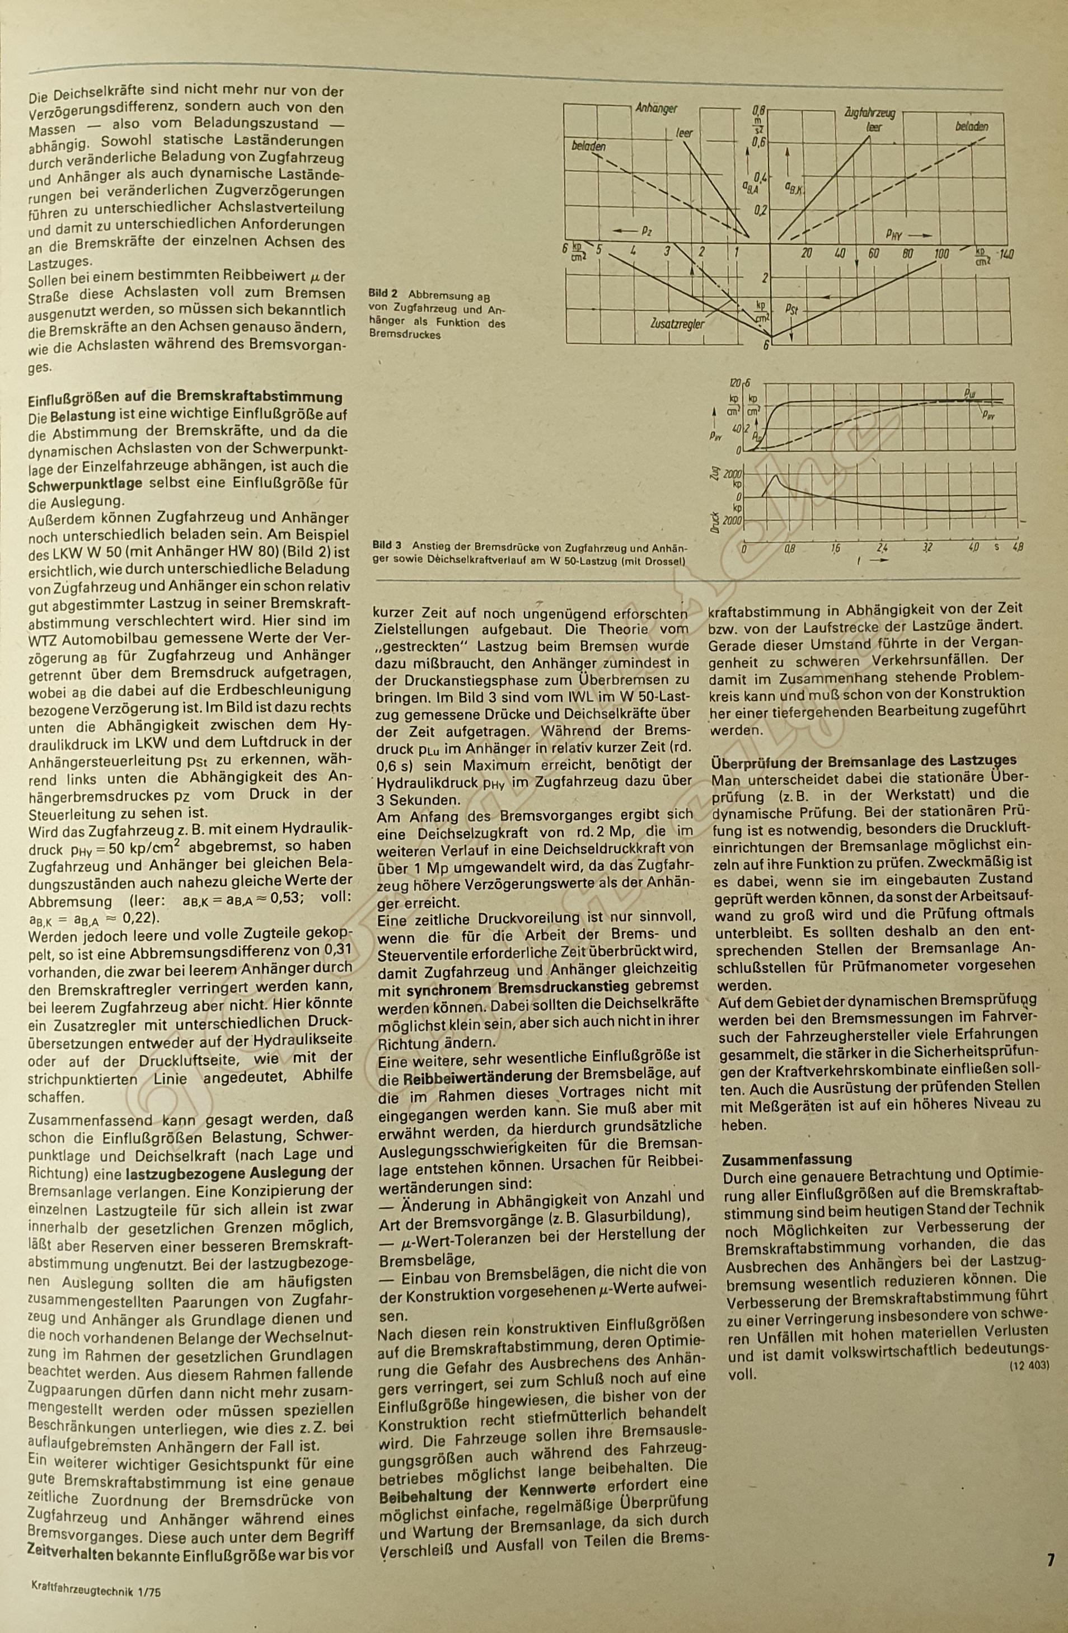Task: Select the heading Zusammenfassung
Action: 786,1159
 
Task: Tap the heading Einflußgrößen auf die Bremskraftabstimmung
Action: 185,397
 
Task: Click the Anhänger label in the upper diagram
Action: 657,109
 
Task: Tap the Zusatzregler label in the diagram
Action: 677,322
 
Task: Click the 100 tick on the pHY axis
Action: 941,255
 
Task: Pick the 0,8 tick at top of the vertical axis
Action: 758,110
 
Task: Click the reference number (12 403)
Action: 1029,1365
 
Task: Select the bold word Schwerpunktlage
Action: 85,484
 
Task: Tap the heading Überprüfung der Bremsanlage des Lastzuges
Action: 864,760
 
